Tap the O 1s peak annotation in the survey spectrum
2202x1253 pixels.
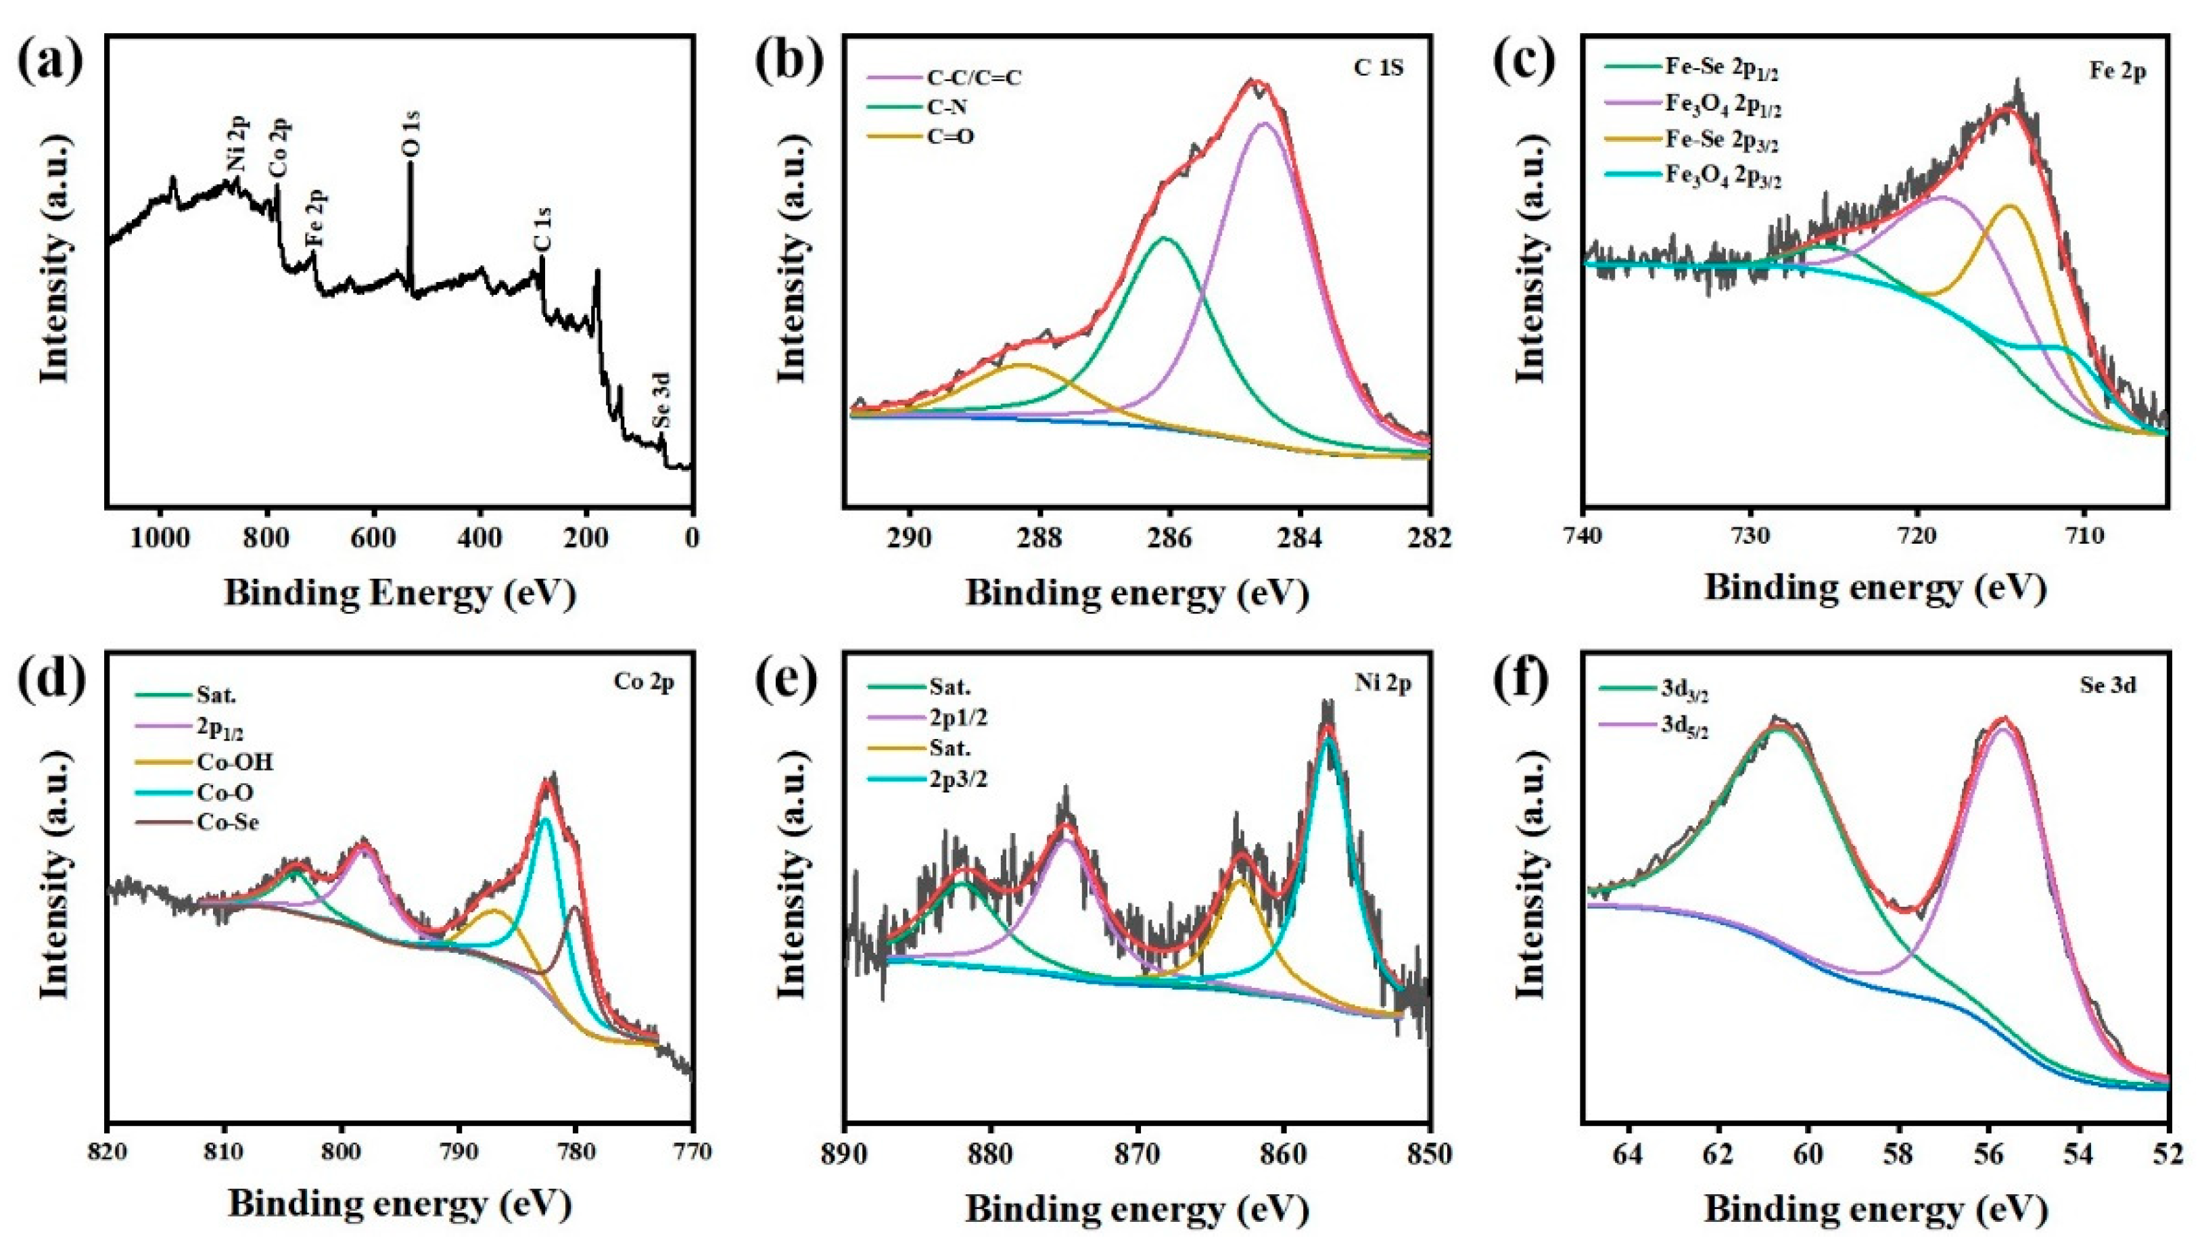coord(411,136)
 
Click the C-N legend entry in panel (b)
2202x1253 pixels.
coord(947,108)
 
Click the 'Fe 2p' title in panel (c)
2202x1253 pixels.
coord(2117,72)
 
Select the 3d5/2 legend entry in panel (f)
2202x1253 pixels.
coord(1686,730)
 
